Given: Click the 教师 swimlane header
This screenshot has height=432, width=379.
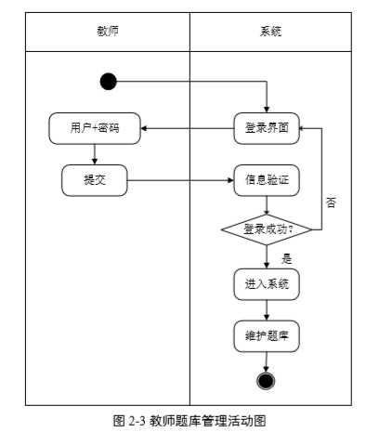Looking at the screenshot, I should tap(108, 32).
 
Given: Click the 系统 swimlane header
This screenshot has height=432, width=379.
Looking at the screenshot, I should tap(270, 32).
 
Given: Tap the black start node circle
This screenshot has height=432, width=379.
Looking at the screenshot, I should tap(109, 82).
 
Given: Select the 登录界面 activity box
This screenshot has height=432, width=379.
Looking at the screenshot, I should tap(267, 129).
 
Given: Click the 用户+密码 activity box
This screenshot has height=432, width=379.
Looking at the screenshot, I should tap(95, 129).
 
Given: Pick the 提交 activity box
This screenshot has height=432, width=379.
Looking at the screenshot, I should tap(95, 180).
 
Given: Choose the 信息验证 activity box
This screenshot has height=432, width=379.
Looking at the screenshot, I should tap(267, 180).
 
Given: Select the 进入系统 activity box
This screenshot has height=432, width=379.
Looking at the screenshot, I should tap(267, 283).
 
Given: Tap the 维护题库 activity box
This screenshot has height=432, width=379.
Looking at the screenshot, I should tap(267, 334).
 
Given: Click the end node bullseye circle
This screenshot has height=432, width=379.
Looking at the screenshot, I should tap(267, 380).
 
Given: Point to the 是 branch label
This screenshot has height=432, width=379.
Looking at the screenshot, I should tap(286, 259).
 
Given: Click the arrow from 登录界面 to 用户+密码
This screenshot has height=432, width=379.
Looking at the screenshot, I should tap(187, 129).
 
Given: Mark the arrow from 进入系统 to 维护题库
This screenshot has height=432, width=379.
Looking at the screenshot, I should tap(267, 309).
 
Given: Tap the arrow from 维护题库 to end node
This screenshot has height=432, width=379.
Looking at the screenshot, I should tap(267, 360).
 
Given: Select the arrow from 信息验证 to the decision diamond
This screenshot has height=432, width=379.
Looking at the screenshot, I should tap(267, 204).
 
